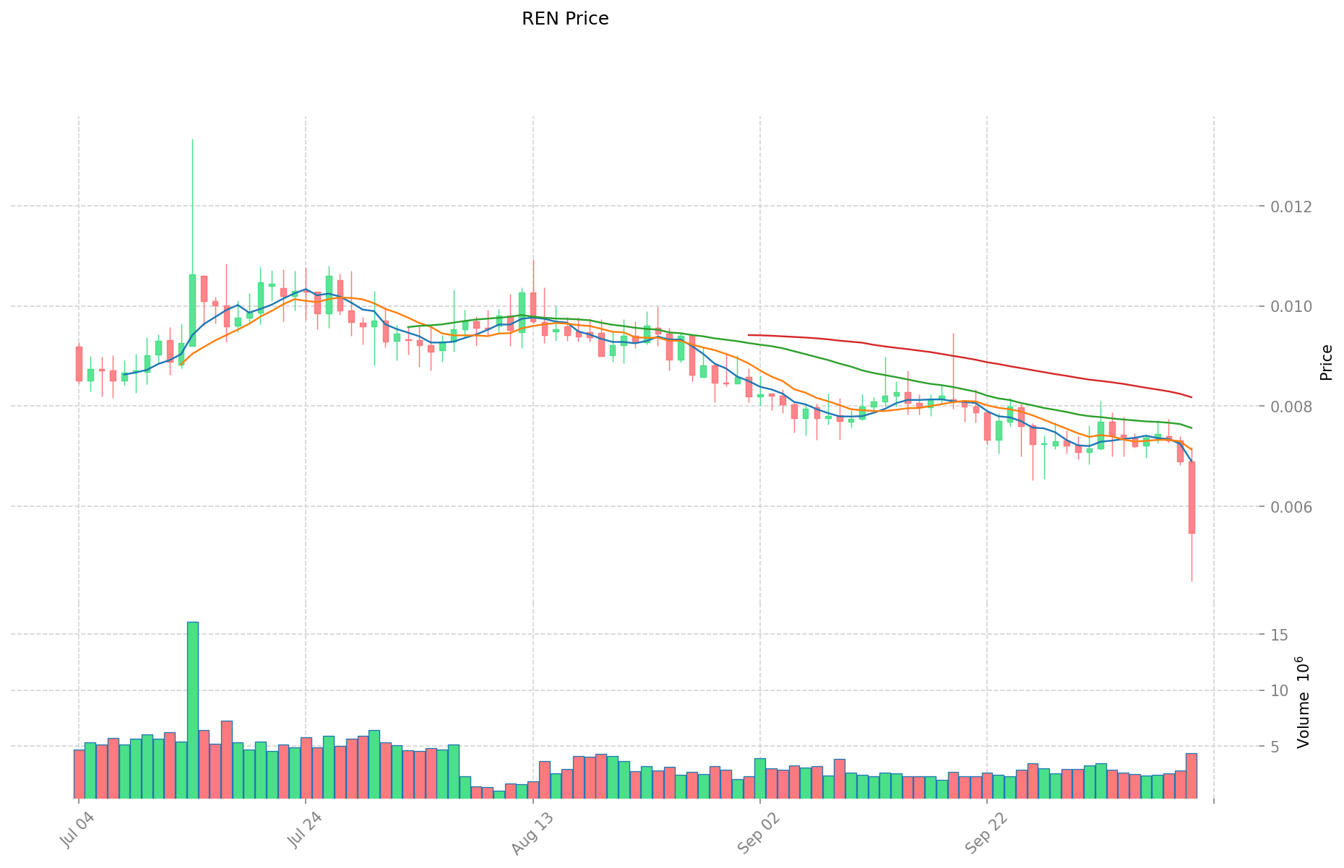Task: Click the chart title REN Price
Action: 565,19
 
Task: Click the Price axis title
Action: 1326,363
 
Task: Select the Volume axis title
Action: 1304,702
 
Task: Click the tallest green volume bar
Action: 193,709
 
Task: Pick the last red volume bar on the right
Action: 1192,776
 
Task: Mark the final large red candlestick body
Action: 1192,498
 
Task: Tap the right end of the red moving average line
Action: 1192,397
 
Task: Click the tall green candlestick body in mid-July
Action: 193,311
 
